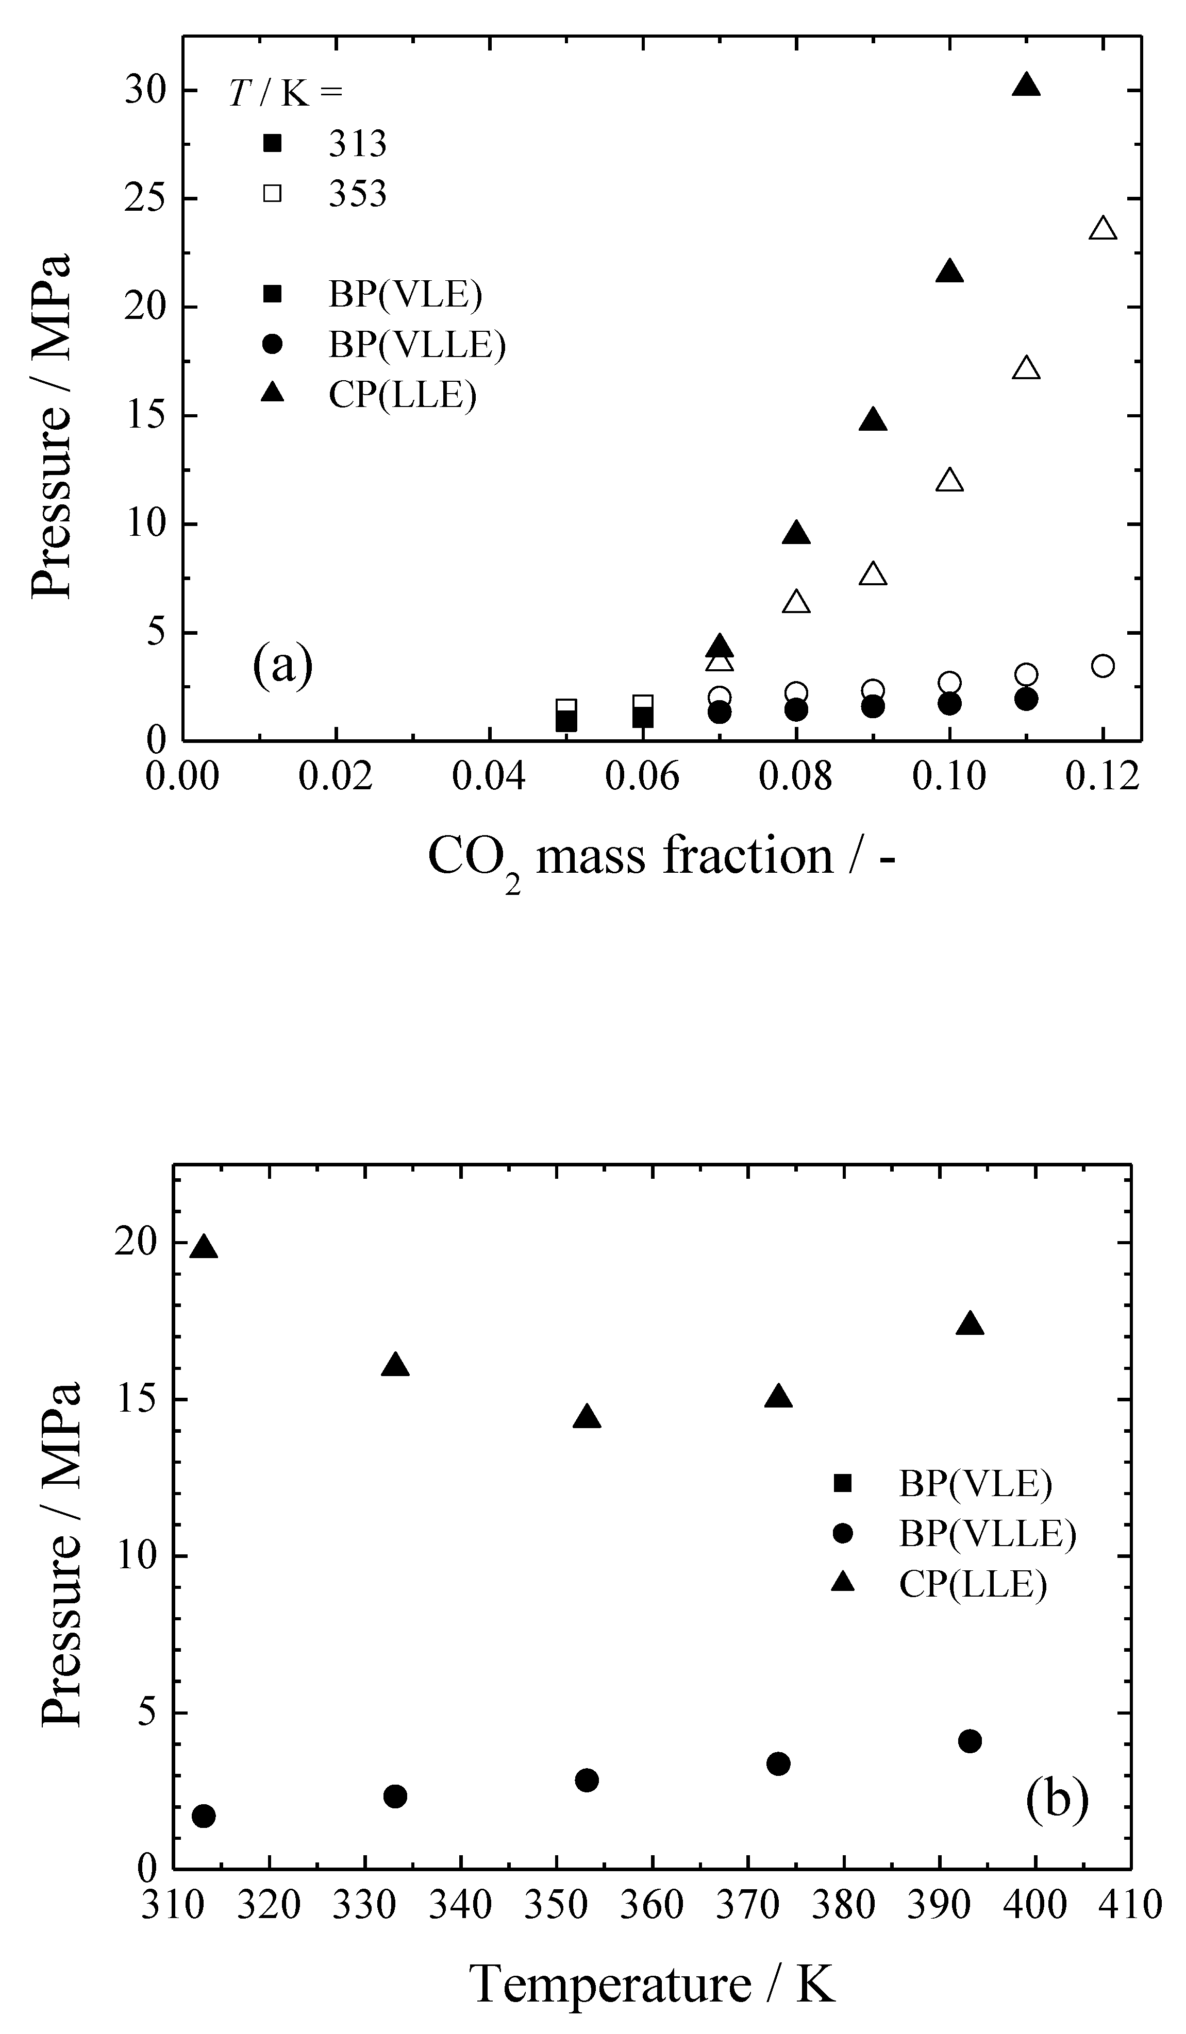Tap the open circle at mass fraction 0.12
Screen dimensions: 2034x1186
(1103, 666)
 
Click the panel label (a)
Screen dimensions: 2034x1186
(282, 666)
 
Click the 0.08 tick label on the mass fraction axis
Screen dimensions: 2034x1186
(795, 776)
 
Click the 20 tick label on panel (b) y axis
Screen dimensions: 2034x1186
(135, 1243)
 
